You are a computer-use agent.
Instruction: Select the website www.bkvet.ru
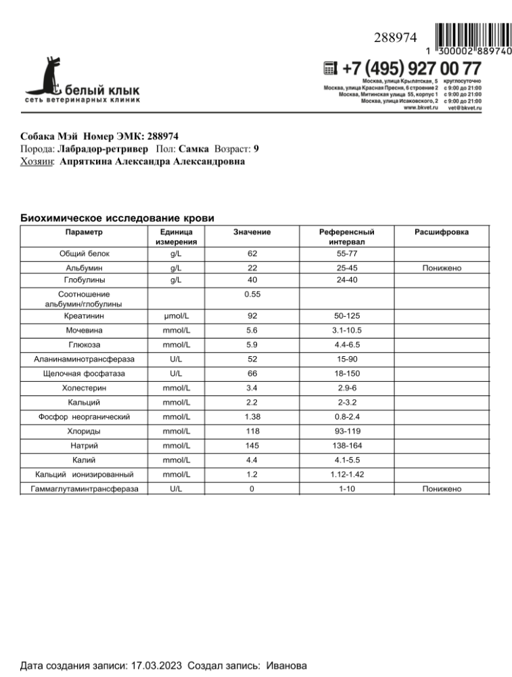420,108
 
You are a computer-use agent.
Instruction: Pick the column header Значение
252,232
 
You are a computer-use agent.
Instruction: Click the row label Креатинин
85,315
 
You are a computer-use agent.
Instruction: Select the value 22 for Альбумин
252,268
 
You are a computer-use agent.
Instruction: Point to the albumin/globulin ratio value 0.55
252,294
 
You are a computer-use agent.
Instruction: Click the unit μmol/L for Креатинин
176,315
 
